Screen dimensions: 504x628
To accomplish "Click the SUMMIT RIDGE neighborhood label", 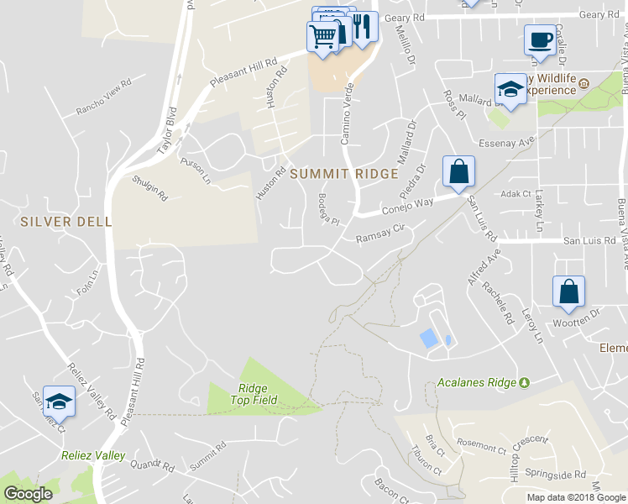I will pyautogui.click(x=343, y=174).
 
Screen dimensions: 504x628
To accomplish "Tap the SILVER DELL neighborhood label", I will pyautogui.click(x=65, y=221).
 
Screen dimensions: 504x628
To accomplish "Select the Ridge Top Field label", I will pyautogui.click(x=253, y=394).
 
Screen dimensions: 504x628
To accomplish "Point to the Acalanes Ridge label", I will pyautogui.click(x=476, y=382).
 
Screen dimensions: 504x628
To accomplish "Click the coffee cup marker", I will pyautogui.click(x=539, y=39).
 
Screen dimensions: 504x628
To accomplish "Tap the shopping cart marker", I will pyautogui.click(x=322, y=35).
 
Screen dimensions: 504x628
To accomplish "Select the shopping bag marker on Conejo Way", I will pyautogui.click(x=458, y=171).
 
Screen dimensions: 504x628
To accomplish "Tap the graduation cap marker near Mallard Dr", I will pyautogui.click(x=510, y=88).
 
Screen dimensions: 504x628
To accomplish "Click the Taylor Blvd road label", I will pyautogui.click(x=168, y=131).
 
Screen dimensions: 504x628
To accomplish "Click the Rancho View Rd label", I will pyautogui.click(x=105, y=97).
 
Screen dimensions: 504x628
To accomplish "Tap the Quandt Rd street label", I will pyautogui.click(x=152, y=465).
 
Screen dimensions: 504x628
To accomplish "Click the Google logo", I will pyautogui.click(x=28, y=494).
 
